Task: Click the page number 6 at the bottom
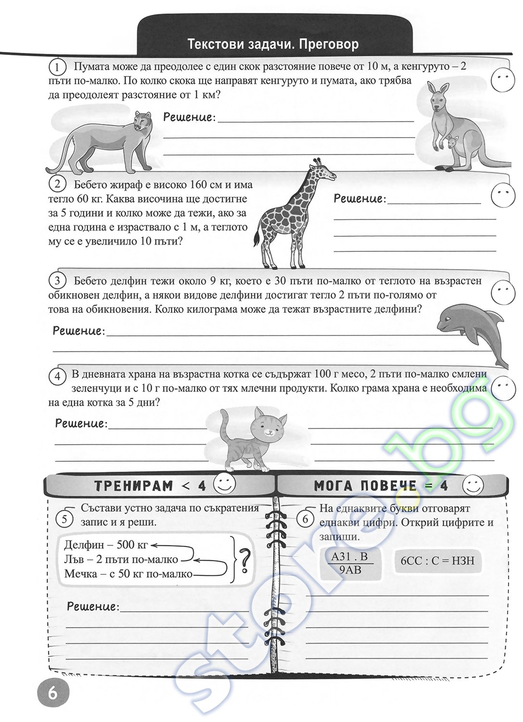[52, 693]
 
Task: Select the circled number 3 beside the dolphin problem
[57, 281]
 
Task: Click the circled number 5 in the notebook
[64, 519]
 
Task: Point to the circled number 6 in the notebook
[305, 519]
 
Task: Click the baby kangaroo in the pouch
[452, 144]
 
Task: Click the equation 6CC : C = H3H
[437, 560]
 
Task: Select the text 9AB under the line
[350, 570]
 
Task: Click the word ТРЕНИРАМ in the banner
[133, 486]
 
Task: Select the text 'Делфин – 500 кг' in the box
[105, 545]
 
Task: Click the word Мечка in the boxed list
[79, 574]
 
